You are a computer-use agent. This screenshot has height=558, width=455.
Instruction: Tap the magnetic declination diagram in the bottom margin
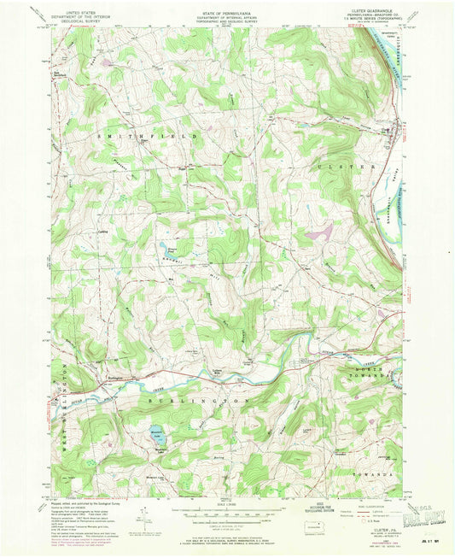pyautogui.click(x=149, y=519)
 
